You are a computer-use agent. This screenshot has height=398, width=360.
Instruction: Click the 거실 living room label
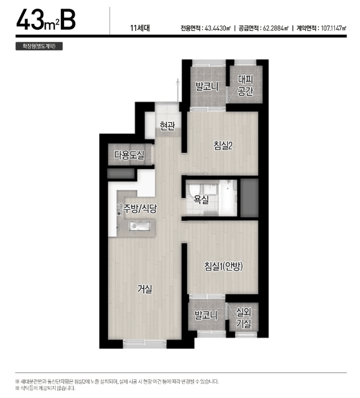pyautogui.click(x=145, y=289)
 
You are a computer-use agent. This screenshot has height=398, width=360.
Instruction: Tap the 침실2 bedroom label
pyautogui.click(x=223, y=145)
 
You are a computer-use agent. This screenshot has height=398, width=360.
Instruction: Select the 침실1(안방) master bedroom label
pyautogui.click(x=223, y=266)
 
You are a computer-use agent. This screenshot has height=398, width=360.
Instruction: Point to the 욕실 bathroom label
pyautogui.click(x=201, y=199)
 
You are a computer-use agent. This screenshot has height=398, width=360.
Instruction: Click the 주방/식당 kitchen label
pyautogui.click(x=140, y=209)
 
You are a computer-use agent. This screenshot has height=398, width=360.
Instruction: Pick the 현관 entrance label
pyautogui.click(x=168, y=125)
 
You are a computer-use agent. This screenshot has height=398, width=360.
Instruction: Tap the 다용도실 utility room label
pyautogui.click(x=129, y=155)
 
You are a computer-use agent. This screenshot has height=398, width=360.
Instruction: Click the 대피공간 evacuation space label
pyautogui.click(x=246, y=85)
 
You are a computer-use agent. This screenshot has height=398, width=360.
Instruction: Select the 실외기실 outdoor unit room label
pyautogui.click(x=243, y=318)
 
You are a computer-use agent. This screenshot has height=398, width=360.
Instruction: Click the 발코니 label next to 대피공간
pyautogui.click(x=207, y=87)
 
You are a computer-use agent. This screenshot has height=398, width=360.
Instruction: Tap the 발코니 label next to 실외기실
pyautogui.click(x=206, y=315)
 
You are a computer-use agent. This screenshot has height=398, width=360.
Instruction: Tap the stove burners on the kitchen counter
pyautogui.click(x=119, y=209)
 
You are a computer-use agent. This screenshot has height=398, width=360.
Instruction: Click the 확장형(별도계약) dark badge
pyautogui.click(x=39, y=46)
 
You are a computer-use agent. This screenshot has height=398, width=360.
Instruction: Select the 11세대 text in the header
pyautogui.click(x=140, y=28)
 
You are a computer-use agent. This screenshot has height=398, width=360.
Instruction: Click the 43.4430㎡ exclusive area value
pyautogui.click(x=217, y=28)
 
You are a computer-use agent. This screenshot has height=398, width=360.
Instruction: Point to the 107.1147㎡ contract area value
pyautogui.click(x=333, y=28)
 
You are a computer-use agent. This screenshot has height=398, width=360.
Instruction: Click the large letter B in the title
pyautogui.click(x=68, y=19)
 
